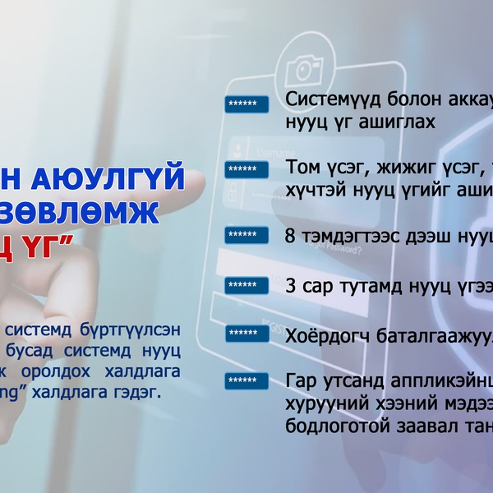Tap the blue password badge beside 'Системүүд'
click(x=247, y=104)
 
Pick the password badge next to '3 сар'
click(x=247, y=285)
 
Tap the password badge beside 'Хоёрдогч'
click(x=247, y=334)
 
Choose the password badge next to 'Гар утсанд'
click(x=247, y=381)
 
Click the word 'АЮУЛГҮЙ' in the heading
click(x=127, y=177)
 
